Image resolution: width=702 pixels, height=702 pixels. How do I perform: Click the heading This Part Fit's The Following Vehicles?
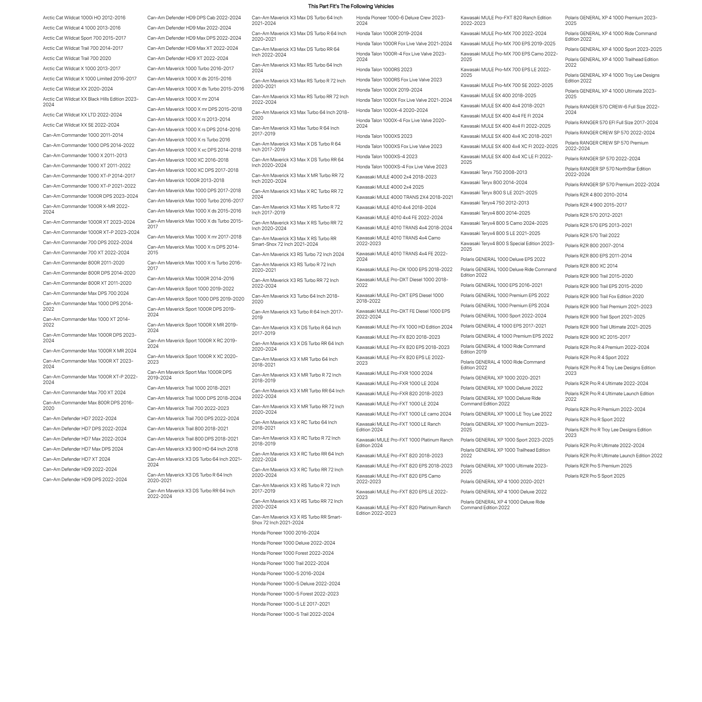351,6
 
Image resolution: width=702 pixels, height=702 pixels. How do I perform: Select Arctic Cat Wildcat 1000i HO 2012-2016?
84,18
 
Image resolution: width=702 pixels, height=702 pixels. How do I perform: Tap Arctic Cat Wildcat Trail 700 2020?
77,59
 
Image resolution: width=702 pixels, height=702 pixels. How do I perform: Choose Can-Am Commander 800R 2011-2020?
83,263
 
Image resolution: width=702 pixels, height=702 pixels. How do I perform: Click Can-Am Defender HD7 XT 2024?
76,459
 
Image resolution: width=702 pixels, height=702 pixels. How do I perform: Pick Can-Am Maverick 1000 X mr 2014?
183,99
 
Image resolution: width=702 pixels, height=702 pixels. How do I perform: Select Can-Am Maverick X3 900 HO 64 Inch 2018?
192,449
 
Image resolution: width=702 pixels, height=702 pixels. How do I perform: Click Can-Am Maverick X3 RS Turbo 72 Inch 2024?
298,255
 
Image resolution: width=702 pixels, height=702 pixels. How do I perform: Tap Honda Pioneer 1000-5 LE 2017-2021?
291,604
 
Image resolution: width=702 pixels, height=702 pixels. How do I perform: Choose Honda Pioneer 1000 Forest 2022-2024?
292,553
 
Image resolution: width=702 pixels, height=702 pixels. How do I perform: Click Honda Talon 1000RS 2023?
384,70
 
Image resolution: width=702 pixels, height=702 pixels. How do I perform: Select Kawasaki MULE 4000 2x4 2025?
390,187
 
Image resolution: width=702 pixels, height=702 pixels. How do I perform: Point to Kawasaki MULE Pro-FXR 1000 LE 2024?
397,384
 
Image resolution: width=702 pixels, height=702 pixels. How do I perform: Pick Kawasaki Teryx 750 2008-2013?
493,173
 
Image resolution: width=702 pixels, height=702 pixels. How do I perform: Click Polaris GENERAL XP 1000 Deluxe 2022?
501,388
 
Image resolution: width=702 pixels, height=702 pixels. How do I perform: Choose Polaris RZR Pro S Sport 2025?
594,476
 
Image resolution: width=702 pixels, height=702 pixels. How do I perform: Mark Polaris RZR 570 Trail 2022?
592,235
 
